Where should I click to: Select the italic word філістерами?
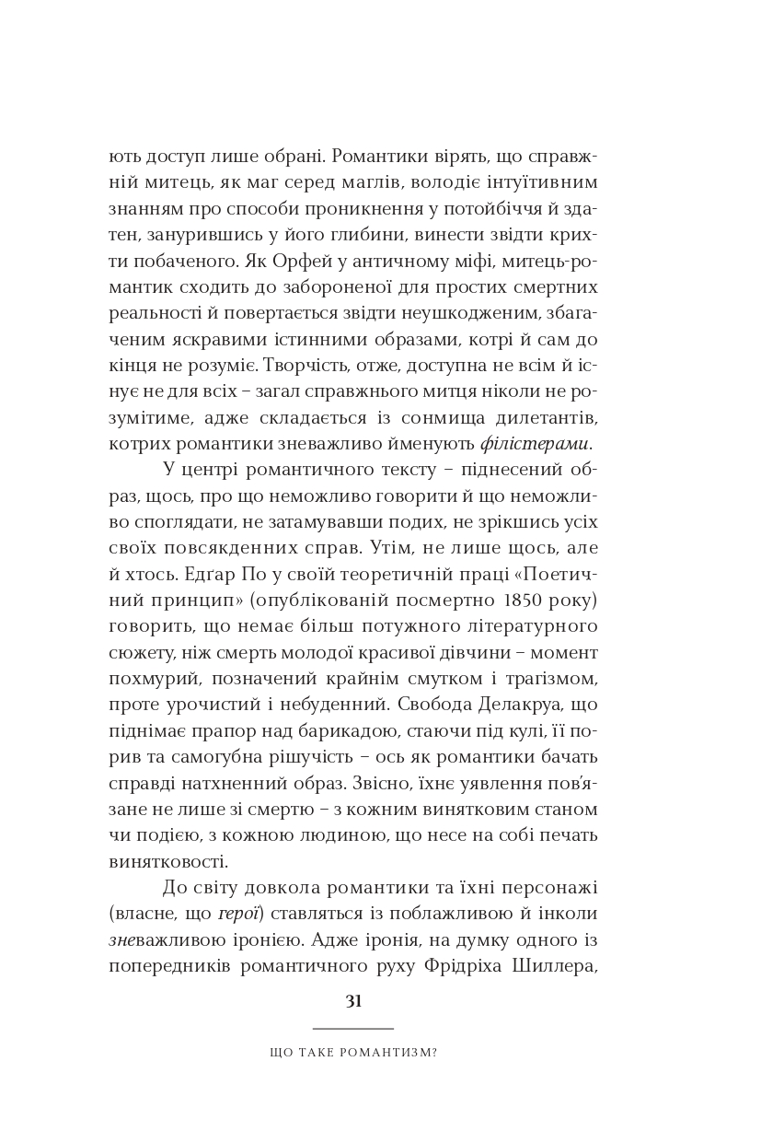tap(536, 444)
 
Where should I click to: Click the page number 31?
tap(353, 1001)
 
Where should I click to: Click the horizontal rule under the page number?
tap(353, 1028)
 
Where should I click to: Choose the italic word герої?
tap(238, 915)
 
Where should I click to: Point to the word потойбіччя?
tap(502, 209)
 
